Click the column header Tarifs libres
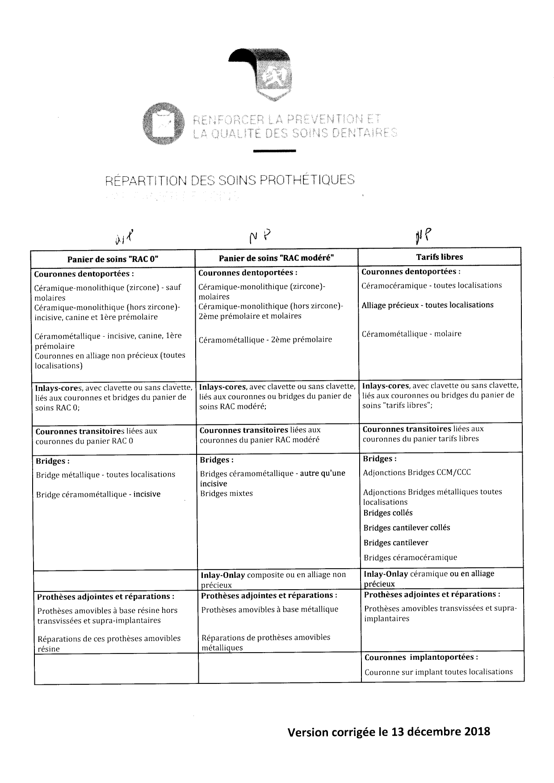click(439, 257)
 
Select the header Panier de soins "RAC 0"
click(113, 259)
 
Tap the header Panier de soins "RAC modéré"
click(276, 258)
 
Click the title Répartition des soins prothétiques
click(230, 180)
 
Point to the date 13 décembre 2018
click(441, 732)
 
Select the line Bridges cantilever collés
click(407, 528)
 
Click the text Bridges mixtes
click(227, 494)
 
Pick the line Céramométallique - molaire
click(411, 334)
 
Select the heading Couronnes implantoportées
click(421, 657)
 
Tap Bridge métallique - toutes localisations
click(105, 474)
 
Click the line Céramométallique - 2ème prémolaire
click(266, 339)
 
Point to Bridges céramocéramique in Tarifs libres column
click(410, 557)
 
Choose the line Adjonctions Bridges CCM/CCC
click(417, 472)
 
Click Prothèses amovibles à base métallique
click(270, 609)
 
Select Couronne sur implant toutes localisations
click(438, 672)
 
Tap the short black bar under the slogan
click(274, 152)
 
